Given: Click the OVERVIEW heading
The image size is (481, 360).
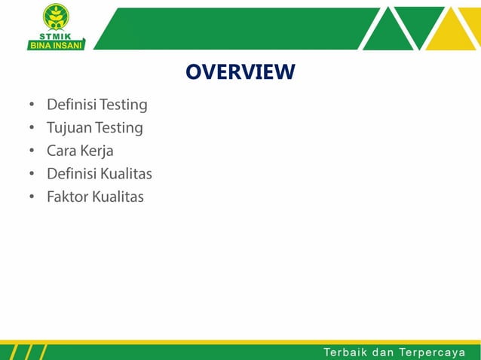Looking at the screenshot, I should coord(240,72).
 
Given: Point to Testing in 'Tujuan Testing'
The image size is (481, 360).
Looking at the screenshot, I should coord(118,128).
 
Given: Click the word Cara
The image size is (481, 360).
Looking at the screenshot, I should coord(61,151).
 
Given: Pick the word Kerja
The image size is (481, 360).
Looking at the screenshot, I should coord(97,151).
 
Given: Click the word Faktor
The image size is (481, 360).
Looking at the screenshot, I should coord(67,197).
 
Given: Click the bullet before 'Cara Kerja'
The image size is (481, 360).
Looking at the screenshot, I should coord(32,151).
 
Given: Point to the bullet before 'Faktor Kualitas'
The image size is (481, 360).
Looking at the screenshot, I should coord(32,198).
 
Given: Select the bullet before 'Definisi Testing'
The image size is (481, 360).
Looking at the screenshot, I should coord(32,105).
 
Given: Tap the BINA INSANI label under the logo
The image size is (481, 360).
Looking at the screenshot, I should coord(56,44).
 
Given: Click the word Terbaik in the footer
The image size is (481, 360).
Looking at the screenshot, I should coord(345,352).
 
